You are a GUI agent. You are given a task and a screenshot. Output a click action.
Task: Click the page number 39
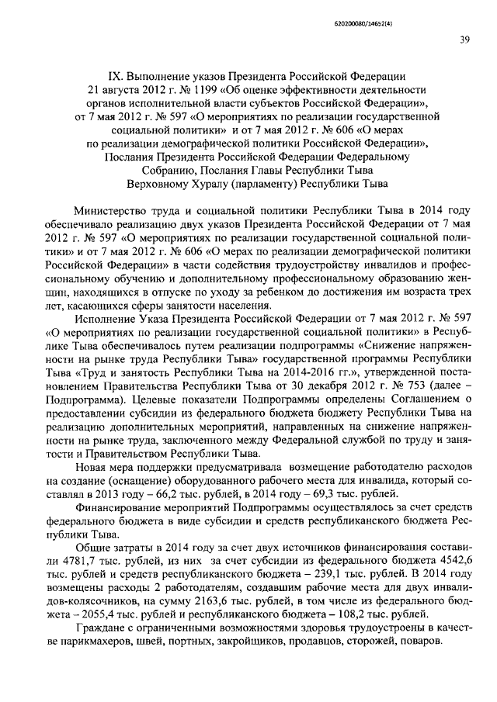463,40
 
